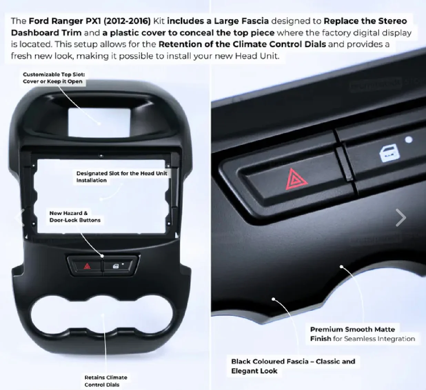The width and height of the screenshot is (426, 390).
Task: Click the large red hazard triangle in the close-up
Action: (x=296, y=179)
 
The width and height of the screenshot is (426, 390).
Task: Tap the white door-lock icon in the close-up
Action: (x=389, y=153)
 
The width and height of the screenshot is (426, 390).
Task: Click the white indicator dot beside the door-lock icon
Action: (x=409, y=140)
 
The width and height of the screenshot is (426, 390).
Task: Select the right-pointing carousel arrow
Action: (x=401, y=218)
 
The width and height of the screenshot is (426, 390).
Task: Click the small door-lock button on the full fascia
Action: (x=118, y=266)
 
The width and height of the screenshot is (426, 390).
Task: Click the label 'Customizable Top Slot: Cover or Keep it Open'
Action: (x=54, y=78)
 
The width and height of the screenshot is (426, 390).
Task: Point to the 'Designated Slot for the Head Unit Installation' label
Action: (x=122, y=177)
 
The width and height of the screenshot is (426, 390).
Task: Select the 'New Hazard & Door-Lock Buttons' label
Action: (x=75, y=216)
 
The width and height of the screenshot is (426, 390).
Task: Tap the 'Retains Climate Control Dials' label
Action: (x=106, y=381)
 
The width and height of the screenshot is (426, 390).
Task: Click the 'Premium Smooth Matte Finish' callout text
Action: (x=362, y=334)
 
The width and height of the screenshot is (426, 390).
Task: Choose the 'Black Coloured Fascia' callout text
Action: (x=293, y=366)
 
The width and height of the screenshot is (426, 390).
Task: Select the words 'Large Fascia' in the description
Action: (x=241, y=21)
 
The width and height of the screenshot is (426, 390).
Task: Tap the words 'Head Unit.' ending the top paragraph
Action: (x=257, y=56)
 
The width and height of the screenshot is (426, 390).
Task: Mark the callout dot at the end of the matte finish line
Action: (x=342, y=267)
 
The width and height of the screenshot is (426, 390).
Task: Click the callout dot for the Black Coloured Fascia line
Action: (x=274, y=299)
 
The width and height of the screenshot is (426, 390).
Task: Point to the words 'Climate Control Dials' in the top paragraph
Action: (x=279, y=44)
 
